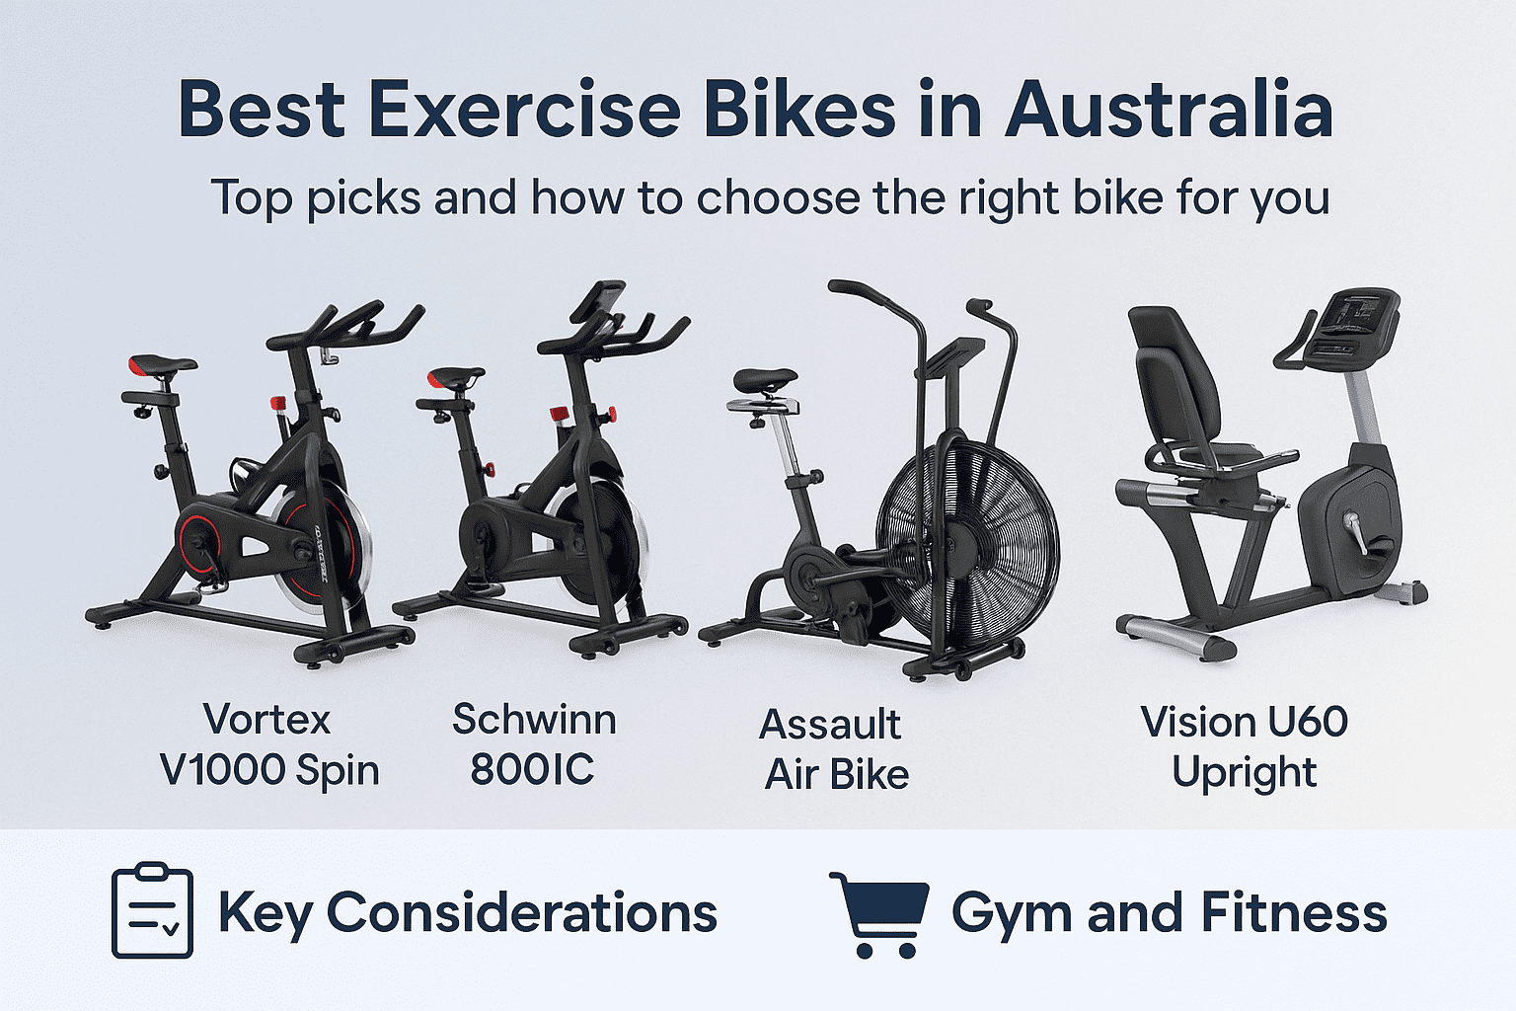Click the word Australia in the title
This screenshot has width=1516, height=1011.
click(1169, 109)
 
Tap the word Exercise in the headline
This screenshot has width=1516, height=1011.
click(524, 109)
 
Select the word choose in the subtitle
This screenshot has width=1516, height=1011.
click(778, 197)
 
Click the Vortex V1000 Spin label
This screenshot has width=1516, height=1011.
click(268, 744)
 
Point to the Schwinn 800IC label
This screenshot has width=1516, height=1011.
click(534, 743)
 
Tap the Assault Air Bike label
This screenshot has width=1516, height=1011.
click(834, 749)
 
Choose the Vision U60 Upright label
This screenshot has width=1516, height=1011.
click(1244, 746)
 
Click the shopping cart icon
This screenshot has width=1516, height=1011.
click(879, 915)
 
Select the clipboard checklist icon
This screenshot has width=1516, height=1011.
click(152, 910)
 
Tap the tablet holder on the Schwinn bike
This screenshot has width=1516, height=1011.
click(598, 300)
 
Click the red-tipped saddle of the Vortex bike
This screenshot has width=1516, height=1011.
click(163, 365)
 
